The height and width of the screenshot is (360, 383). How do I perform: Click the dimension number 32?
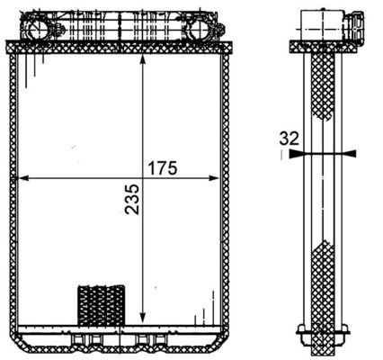point(289,139)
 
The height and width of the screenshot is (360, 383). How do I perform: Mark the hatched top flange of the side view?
point(321,44)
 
